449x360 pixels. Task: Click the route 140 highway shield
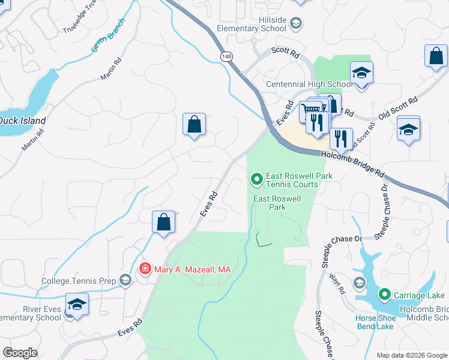(226, 56)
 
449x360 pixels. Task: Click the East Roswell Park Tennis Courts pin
(257, 179)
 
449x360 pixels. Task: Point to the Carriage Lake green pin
(385, 295)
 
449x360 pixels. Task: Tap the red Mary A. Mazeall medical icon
(144, 268)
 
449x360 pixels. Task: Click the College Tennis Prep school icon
(125, 280)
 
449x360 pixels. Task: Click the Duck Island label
(22, 121)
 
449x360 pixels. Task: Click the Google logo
(20, 353)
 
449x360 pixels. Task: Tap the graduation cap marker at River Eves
(76, 305)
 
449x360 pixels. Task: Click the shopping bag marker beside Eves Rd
(163, 223)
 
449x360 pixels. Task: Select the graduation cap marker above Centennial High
(361, 73)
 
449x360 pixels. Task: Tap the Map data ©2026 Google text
(412, 355)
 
